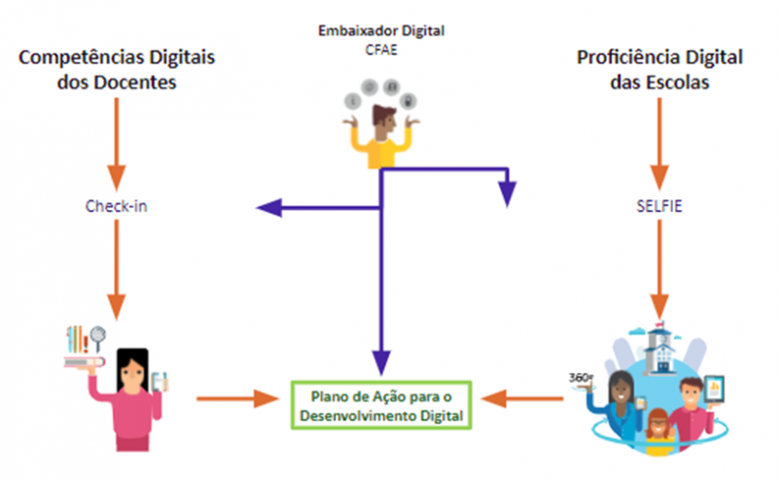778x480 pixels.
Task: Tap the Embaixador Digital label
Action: pyautogui.click(x=381, y=30)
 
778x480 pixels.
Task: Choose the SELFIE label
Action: pyautogui.click(x=660, y=206)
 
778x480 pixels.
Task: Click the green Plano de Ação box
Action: pyautogui.click(x=381, y=407)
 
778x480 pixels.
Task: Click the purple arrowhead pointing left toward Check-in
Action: pyautogui.click(x=267, y=206)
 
